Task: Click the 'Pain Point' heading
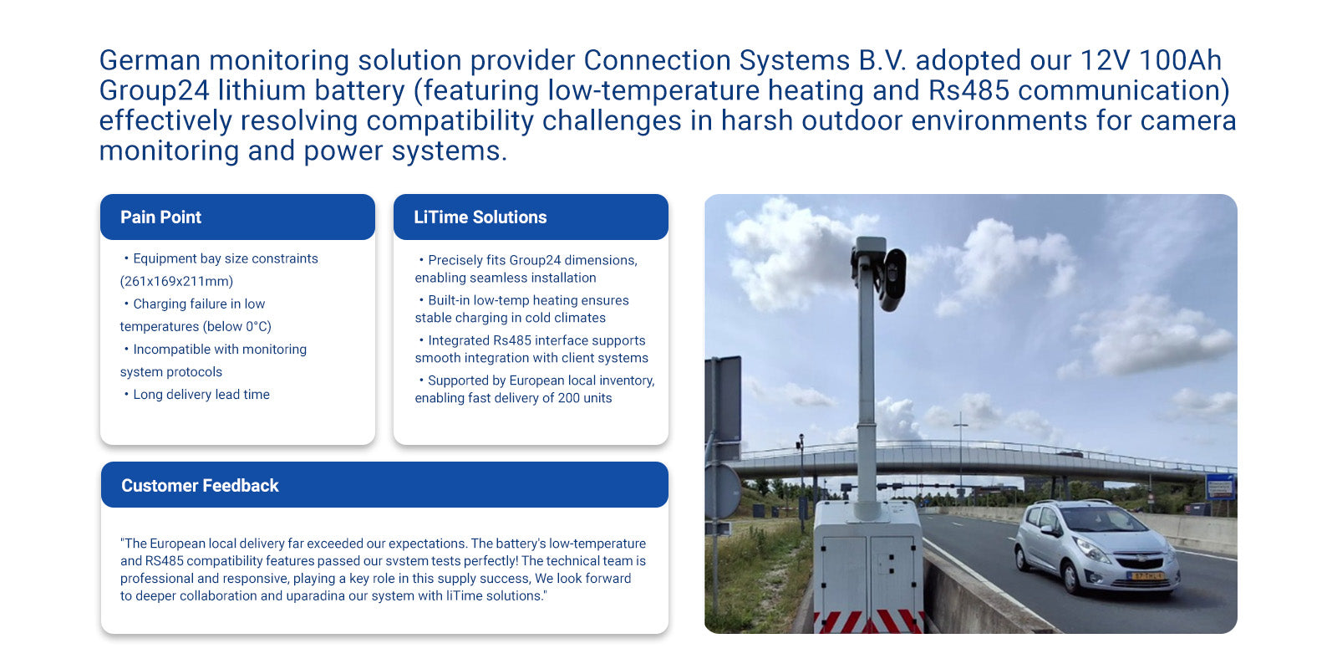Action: [160, 217]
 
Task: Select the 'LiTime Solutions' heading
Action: [480, 217]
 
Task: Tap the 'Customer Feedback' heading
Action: [200, 486]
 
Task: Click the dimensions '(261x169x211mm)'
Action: [176, 281]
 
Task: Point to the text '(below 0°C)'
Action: [237, 327]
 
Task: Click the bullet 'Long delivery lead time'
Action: [201, 395]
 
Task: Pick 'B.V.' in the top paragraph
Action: [882, 60]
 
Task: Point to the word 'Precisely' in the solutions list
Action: [455, 261]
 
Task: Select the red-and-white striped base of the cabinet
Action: [869, 622]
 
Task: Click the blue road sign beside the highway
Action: [1219, 486]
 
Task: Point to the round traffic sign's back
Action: [724, 491]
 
